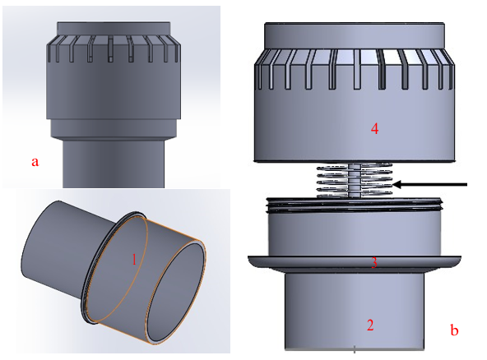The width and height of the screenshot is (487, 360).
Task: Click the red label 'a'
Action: pos(35,161)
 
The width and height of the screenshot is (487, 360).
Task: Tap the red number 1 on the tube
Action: pos(133,258)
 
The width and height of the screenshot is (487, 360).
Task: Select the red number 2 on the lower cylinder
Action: pos(370,325)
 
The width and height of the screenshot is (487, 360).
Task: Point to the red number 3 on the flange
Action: pos(373,263)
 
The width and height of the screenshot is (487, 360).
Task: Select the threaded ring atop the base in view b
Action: pos(356,203)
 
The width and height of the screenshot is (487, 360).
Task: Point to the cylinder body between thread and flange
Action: pos(356,233)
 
